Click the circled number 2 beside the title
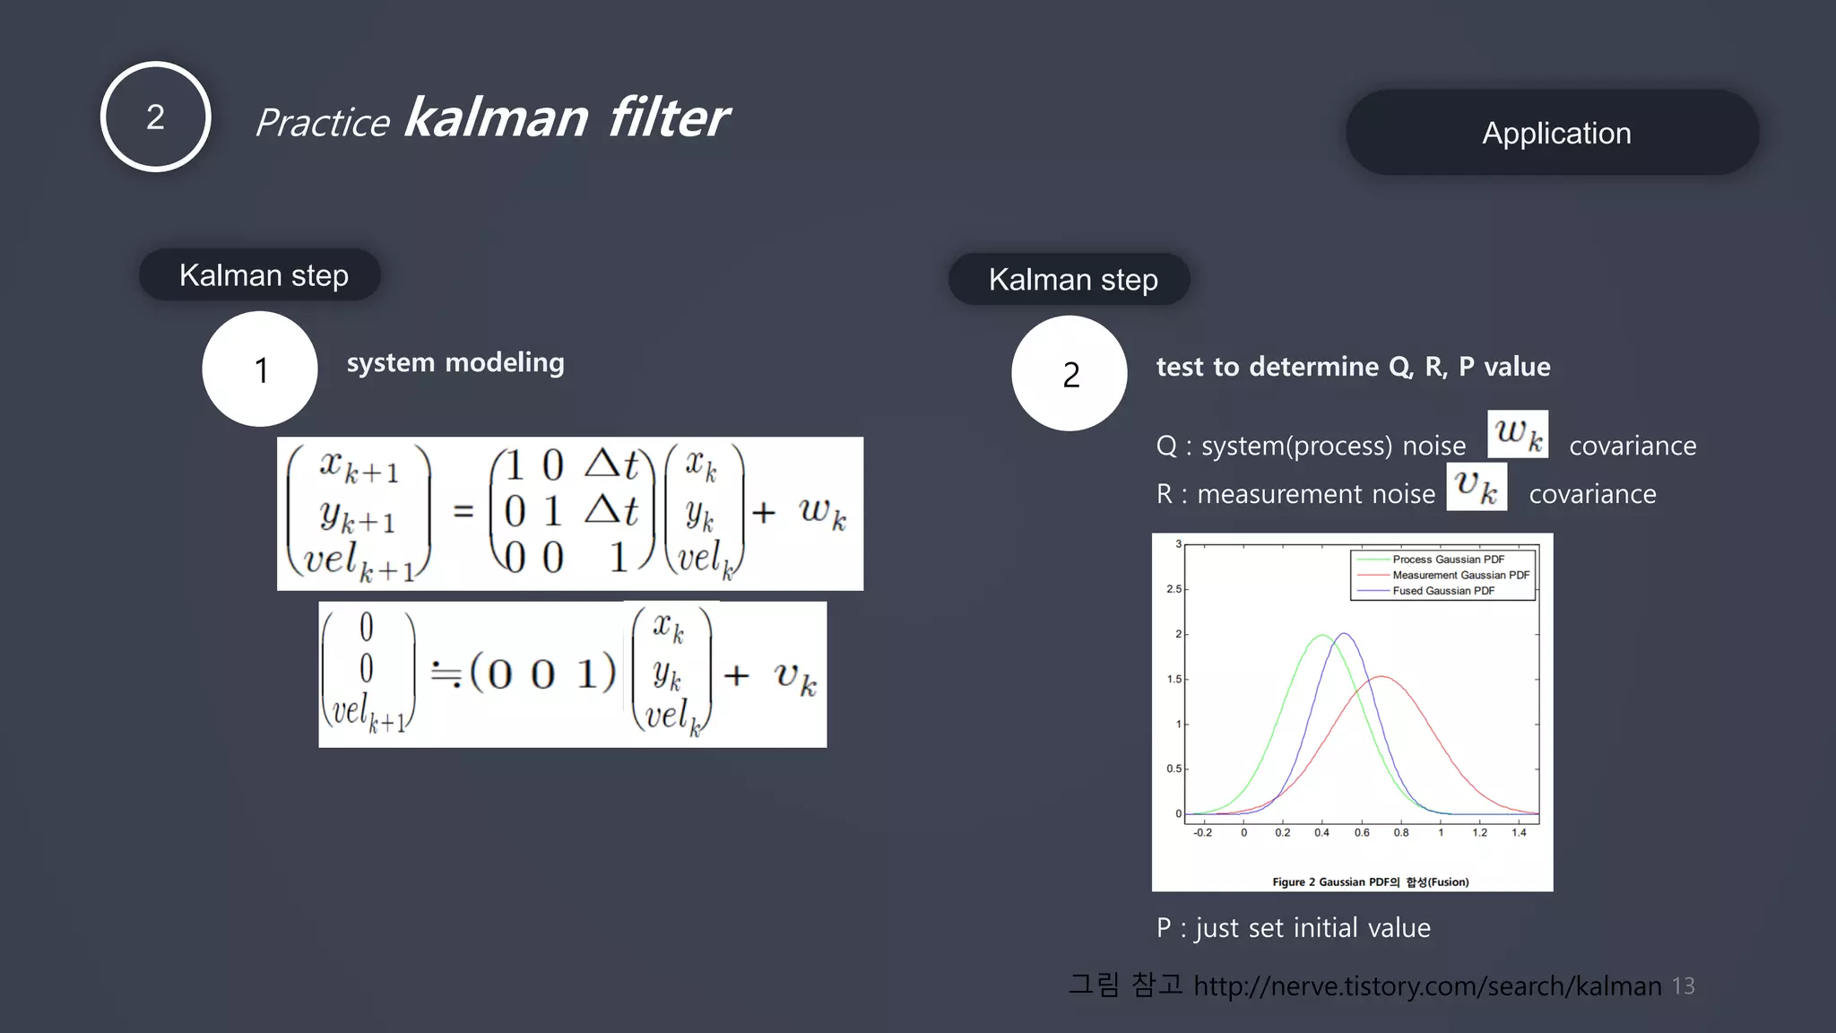click(x=156, y=117)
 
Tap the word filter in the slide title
click(x=668, y=118)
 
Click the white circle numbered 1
click(x=260, y=369)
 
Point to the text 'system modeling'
click(x=455, y=362)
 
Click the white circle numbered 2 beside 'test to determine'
click(x=1070, y=374)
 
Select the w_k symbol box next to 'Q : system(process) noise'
click(x=1517, y=434)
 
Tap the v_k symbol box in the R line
click(x=1476, y=486)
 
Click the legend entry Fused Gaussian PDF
click(x=1442, y=591)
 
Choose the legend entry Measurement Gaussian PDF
click(x=1459, y=575)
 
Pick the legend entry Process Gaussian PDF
click(x=1447, y=560)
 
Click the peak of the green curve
click(x=1322, y=636)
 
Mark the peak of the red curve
click(x=1381, y=677)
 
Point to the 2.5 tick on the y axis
click(x=1173, y=589)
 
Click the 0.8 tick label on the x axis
click(x=1401, y=833)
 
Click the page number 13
click(x=1683, y=986)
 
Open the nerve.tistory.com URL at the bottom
click(x=1427, y=986)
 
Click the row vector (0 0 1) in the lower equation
click(x=542, y=673)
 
